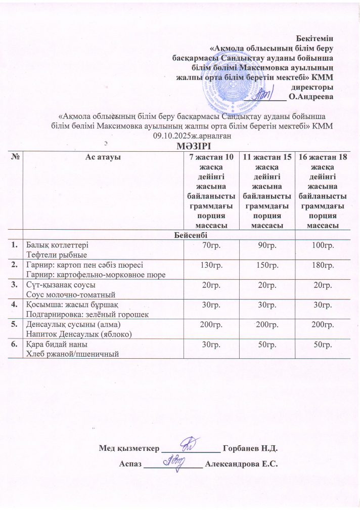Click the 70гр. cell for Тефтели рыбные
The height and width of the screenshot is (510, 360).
[211, 245]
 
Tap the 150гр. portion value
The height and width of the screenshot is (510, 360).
[267, 265]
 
